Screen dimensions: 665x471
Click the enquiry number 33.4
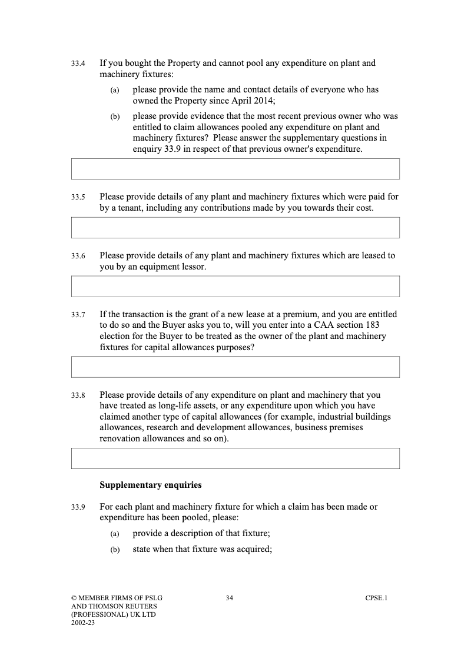coord(78,63)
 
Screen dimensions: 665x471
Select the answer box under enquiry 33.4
coord(235,168)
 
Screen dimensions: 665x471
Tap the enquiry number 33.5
coord(78,197)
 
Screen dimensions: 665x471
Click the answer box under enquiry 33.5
coord(235,228)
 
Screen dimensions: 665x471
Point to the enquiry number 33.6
coord(78,256)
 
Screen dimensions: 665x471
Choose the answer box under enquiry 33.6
coord(235,287)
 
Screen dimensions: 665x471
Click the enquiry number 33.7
coord(78,315)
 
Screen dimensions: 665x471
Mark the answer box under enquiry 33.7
coord(235,367)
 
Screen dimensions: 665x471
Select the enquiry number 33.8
coord(78,395)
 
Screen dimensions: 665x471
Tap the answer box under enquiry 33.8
coord(235,458)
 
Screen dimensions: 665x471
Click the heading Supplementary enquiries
coord(150,486)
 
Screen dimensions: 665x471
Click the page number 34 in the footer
coord(230,598)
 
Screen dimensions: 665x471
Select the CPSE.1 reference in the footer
coord(376,598)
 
